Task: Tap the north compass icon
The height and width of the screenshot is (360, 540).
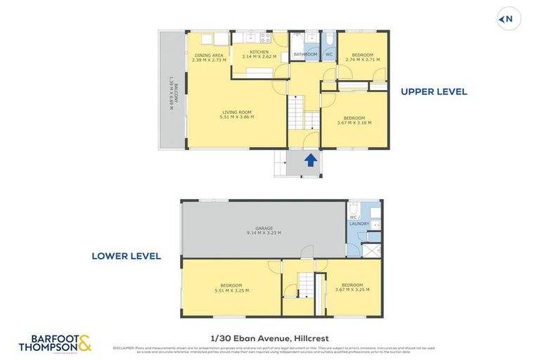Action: pos(509,20)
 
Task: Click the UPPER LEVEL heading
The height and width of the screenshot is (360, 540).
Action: pos(434,91)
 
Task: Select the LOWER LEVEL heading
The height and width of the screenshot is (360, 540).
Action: pos(126,256)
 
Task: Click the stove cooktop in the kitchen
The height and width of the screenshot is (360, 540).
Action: pos(265,38)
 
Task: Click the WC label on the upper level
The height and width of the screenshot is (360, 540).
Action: pos(328,54)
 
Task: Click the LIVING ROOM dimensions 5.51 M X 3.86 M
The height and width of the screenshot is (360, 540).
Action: pos(237,117)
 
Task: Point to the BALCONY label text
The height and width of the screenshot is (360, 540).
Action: pos(171,90)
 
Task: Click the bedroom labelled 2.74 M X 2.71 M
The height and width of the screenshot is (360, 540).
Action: pos(362,59)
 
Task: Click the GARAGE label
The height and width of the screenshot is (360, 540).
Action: pos(264,231)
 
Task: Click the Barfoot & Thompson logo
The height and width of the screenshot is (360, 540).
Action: pos(55,343)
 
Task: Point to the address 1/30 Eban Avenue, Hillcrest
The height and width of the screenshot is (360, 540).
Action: pos(270,339)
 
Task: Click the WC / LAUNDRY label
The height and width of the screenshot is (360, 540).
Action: pos(359,221)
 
